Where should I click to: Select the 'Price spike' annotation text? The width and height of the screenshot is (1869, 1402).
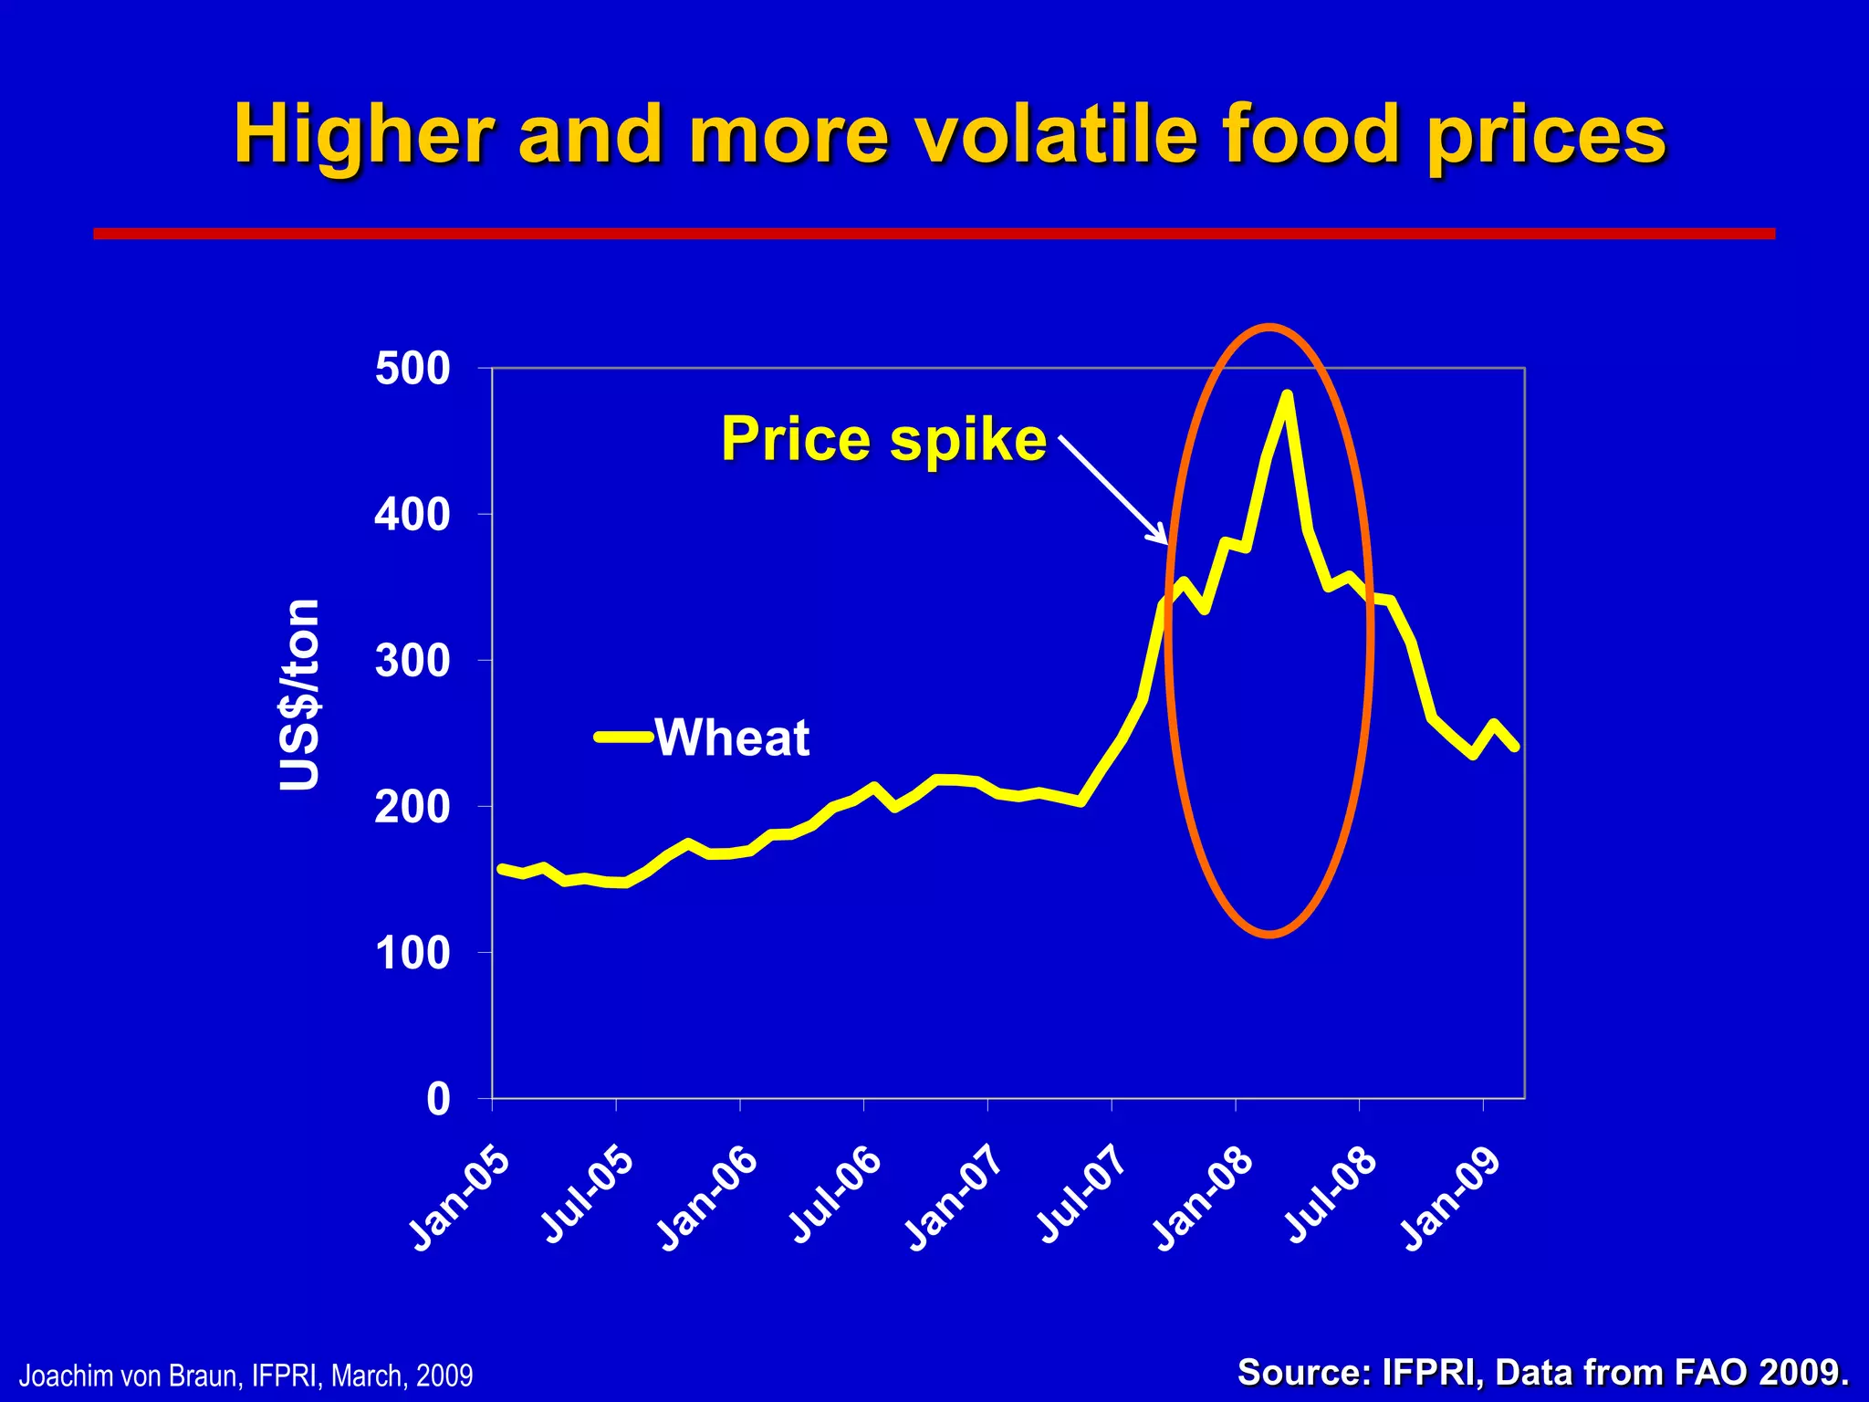pyautogui.click(x=883, y=439)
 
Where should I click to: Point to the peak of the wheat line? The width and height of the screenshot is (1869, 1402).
pyautogui.click(x=1287, y=395)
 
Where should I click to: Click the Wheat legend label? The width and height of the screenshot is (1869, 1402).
pyautogui.click(x=732, y=738)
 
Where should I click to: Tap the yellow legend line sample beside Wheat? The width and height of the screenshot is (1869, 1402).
pyautogui.click(x=623, y=737)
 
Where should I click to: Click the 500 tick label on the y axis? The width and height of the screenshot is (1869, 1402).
pyautogui.click(x=412, y=369)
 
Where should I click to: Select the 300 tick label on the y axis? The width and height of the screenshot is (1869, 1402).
pyautogui.click(x=412, y=661)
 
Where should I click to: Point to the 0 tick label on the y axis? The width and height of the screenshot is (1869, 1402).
pyautogui.click(x=438, y=1099)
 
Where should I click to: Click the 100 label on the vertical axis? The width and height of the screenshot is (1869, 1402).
pyautogui.click(x=412, y=953)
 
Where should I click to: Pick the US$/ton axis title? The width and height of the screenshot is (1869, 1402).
pyautogui.click(x=300, y=695)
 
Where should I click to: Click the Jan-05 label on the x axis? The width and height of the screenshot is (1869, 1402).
pyautogui.click(x=459, y=1198)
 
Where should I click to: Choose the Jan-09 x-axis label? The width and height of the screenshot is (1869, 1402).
pyautogui.click(x=1450, y=1198)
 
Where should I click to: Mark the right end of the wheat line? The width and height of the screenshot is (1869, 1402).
pyautogui.click(x=1515, y=747)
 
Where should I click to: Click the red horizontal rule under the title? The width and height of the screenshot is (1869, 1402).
pyautogui.click(x=934, y=234)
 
